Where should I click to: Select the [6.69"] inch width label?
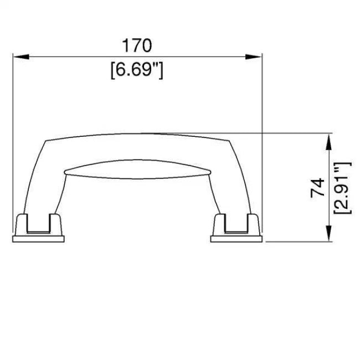pos(137,70)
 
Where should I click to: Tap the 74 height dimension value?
pos(317,188)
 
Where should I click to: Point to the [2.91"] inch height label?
pos(343,188)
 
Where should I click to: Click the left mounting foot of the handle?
pos(38,224)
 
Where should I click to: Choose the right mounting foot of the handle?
pos(236,224)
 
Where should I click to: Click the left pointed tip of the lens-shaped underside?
pos(65,172)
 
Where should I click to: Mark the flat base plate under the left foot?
pos(38,239)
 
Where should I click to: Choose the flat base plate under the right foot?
pos(236,239)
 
